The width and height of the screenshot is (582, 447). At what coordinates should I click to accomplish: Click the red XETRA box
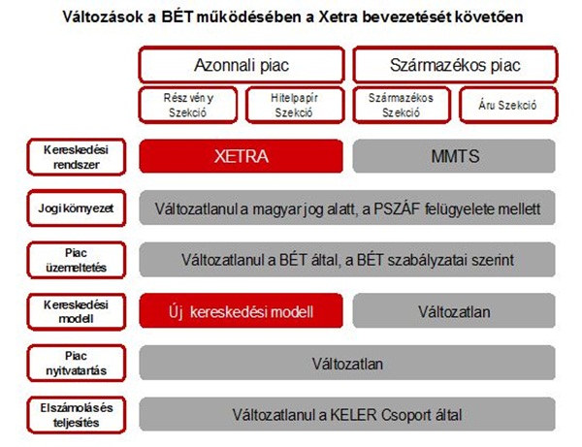coord(241,156)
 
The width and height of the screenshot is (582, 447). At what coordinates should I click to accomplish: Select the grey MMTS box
coord(454,156)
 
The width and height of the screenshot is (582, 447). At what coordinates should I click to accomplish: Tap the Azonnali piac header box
coord(242,65)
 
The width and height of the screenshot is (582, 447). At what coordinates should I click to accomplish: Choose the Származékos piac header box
coord(455,65)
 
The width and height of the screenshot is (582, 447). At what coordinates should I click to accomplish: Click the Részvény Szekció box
coord(188,105)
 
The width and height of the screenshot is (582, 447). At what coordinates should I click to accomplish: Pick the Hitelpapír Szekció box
coord(295,105)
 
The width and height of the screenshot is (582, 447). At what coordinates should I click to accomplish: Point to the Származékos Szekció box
coord(402,105)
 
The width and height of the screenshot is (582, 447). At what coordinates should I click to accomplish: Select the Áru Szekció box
coord(508,105)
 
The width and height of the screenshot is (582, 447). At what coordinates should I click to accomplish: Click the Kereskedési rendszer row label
coord(76,157)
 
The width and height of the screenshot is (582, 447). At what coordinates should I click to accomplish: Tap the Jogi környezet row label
coord(76,208)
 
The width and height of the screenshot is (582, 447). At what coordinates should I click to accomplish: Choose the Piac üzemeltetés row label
coord(76,260)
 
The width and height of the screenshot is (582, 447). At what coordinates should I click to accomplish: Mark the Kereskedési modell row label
coord(76,311)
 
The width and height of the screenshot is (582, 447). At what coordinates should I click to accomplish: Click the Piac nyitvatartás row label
coord(76,364)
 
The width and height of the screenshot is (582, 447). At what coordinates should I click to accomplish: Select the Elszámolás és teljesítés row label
coord(76,415)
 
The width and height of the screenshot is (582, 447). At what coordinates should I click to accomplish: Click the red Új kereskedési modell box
coord(241,311)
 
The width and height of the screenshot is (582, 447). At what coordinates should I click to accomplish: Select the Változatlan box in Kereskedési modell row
coord(454,311)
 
